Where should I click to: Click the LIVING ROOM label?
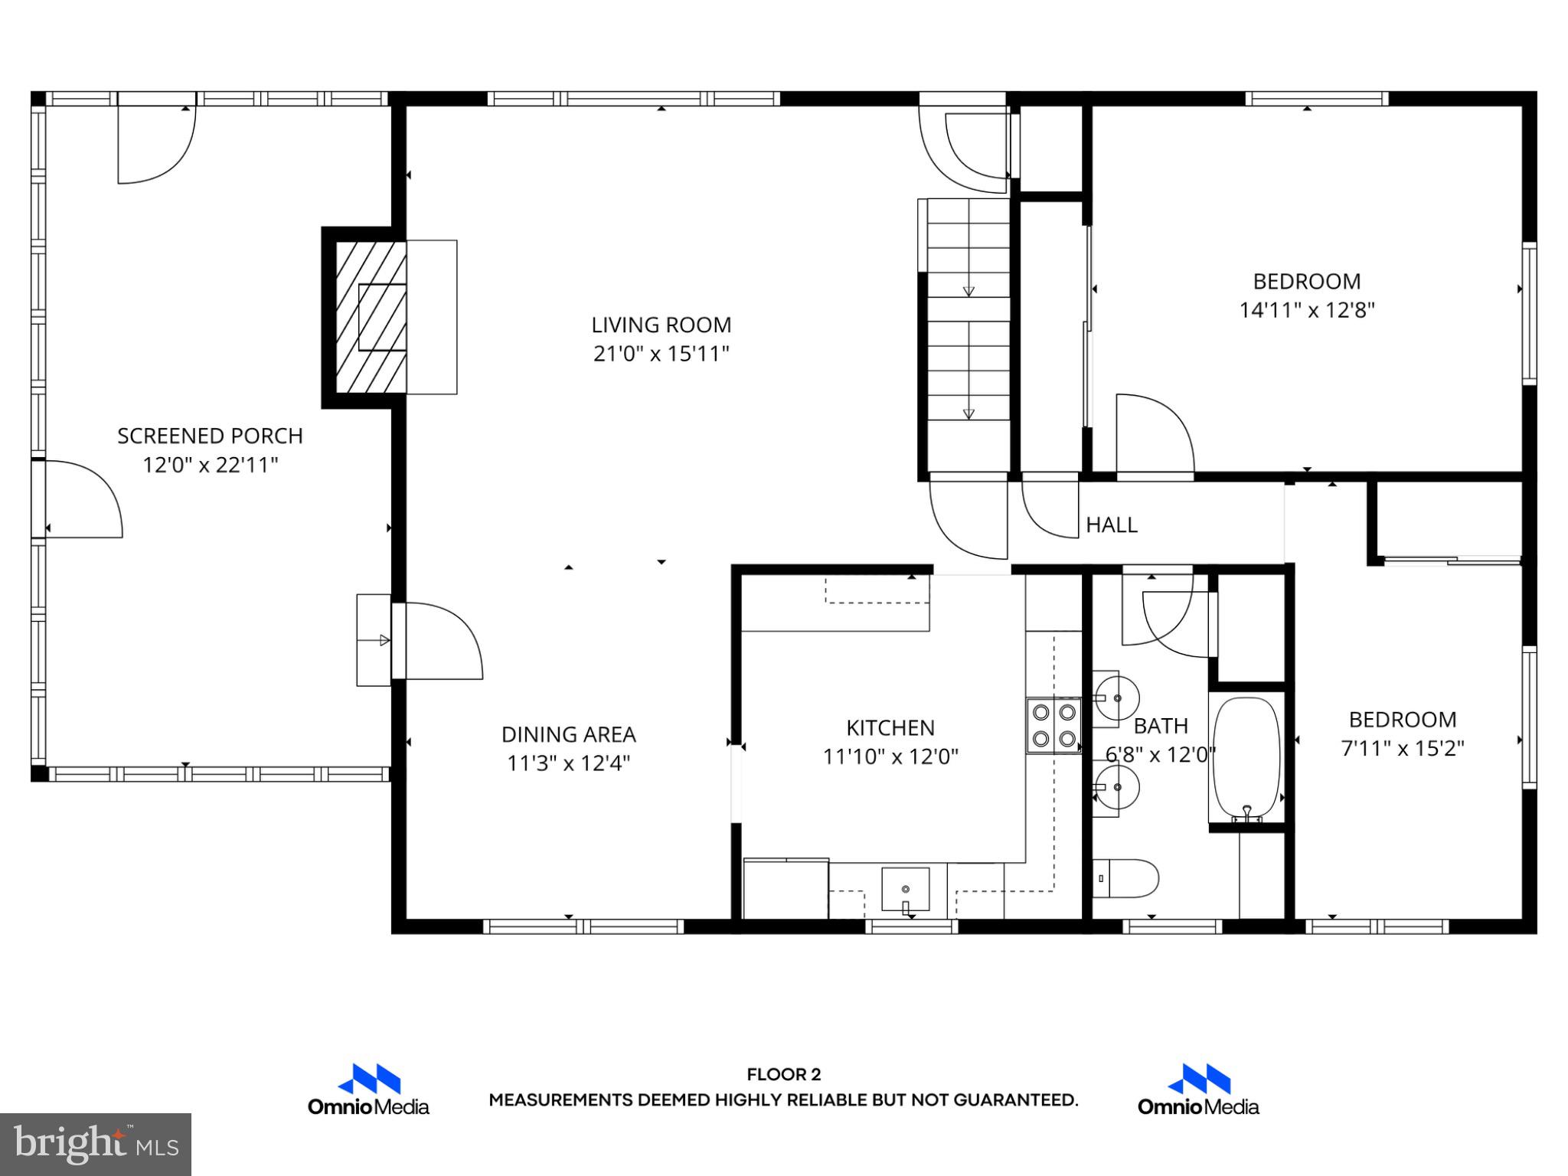[661, 325]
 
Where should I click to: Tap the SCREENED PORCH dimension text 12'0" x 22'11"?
[210, 465]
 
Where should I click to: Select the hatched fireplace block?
[371, 317]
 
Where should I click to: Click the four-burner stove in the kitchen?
[1053, 725]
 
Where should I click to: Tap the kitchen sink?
[905, 890]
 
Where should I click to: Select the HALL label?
[1112, 525]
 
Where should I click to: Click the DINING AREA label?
[568, 735]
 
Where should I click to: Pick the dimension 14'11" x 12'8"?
[1307, 311]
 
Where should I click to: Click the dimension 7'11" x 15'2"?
[1402, 749]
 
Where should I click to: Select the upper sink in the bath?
[1116, 698]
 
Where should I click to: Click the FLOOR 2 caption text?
[783, 1075]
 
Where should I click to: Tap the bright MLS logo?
[96, 1144]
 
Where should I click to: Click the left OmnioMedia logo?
[368, 1090]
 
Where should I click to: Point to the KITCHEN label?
[890, 728]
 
